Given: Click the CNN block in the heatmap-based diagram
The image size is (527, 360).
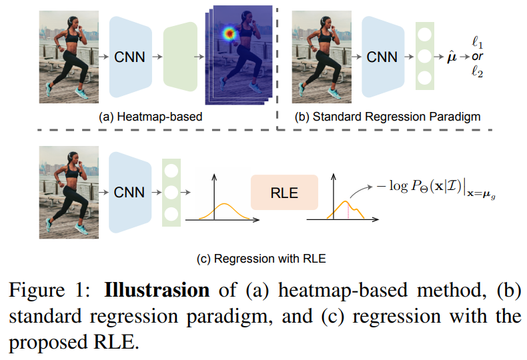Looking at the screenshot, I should point(129,57).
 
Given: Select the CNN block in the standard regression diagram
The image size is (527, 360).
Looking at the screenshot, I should point(382,57).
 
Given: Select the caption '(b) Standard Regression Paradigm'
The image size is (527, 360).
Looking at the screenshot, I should point(387,117).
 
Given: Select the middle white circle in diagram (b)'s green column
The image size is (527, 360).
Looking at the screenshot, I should point(424,57).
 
